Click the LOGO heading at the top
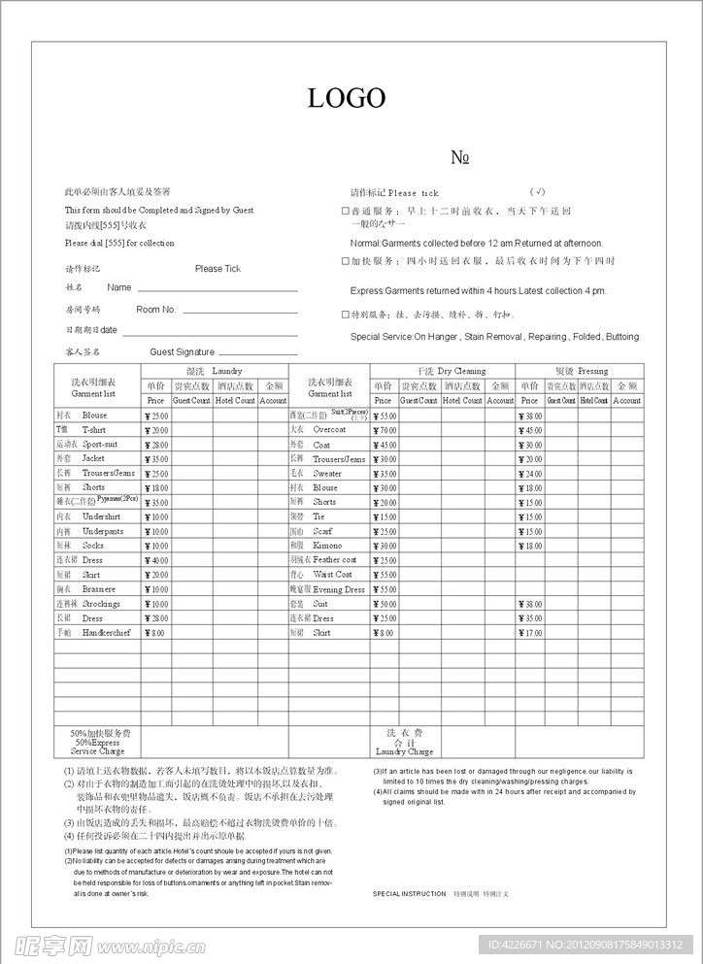pyautogui.click(x=347, y=98)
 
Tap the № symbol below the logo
pyautogui.click(x=461, y=158)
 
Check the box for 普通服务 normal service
pyautogui.click(x=346, y=211)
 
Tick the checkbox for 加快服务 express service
pyautogui.click(x=346, y=261)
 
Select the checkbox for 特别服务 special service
pyautogui.click(x=346, y=315)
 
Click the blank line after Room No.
pyautogui.click(x=240, y=311)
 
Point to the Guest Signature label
pyautogui.click(x=182, y=352)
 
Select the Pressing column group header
pyautogui.click(x=581, y=371)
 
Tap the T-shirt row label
pyautogui.click(x=94, y=430)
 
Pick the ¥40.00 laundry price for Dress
pyautogui.click(x=156, y=560)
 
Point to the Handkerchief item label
pyautogui.click(x=108, y=633)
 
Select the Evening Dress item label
pyautogui.click(x=338, y=589)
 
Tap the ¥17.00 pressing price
pyautogui.click(x=530, y=633)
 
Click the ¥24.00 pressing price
pyautogui.click(x=530, y=474)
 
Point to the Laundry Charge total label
pyautogui.click(x=404, y=751)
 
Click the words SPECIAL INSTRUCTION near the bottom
pyautogui.click(x=409, y=893)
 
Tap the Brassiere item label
pyautogui.click(x=99, y=589)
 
